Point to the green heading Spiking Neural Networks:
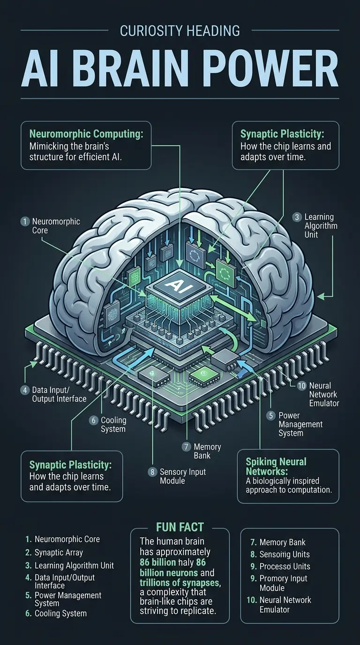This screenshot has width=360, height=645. [277, 466]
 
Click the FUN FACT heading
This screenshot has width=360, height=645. [180, 527]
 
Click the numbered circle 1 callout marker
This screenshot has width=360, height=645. [25, 221]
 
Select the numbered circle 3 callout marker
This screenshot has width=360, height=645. [297, 217]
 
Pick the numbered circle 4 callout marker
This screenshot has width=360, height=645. [25, 390]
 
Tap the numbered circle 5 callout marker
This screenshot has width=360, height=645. [270, 415]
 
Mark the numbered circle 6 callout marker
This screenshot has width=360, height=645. [93, 420]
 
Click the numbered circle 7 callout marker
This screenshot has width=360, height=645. [186, 447]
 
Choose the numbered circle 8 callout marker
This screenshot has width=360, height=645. [152, 472]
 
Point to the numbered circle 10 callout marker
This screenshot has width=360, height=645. [302, 385]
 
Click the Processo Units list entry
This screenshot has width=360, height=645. [285, 566]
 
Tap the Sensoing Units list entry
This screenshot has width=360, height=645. [285, 554]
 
